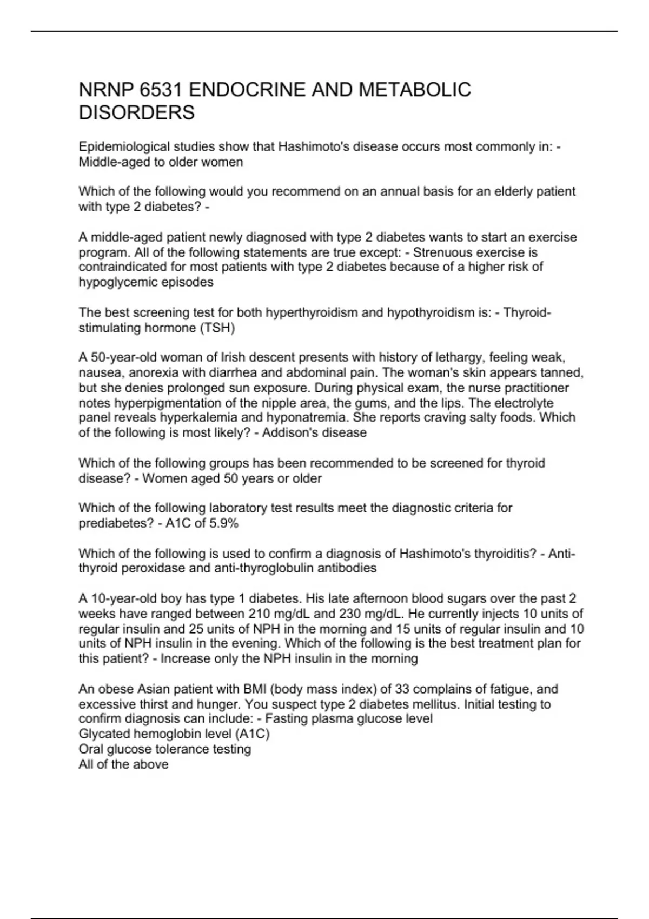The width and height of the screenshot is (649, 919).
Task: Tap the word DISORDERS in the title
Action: [x=137, y=112]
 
